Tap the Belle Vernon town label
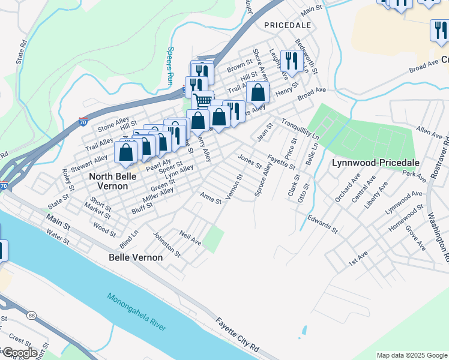[x=136, y=257]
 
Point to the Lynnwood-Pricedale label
[x=367, y=163]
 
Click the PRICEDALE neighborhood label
[x=287, y=25]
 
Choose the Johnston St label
[x=166, y=245]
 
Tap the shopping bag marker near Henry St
[x=258, y=92]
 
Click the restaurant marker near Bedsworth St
[x=289, y=61]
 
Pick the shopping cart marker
[x=203, y=100]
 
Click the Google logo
[x=19, y=353]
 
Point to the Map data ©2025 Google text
[x=411, y=355]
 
